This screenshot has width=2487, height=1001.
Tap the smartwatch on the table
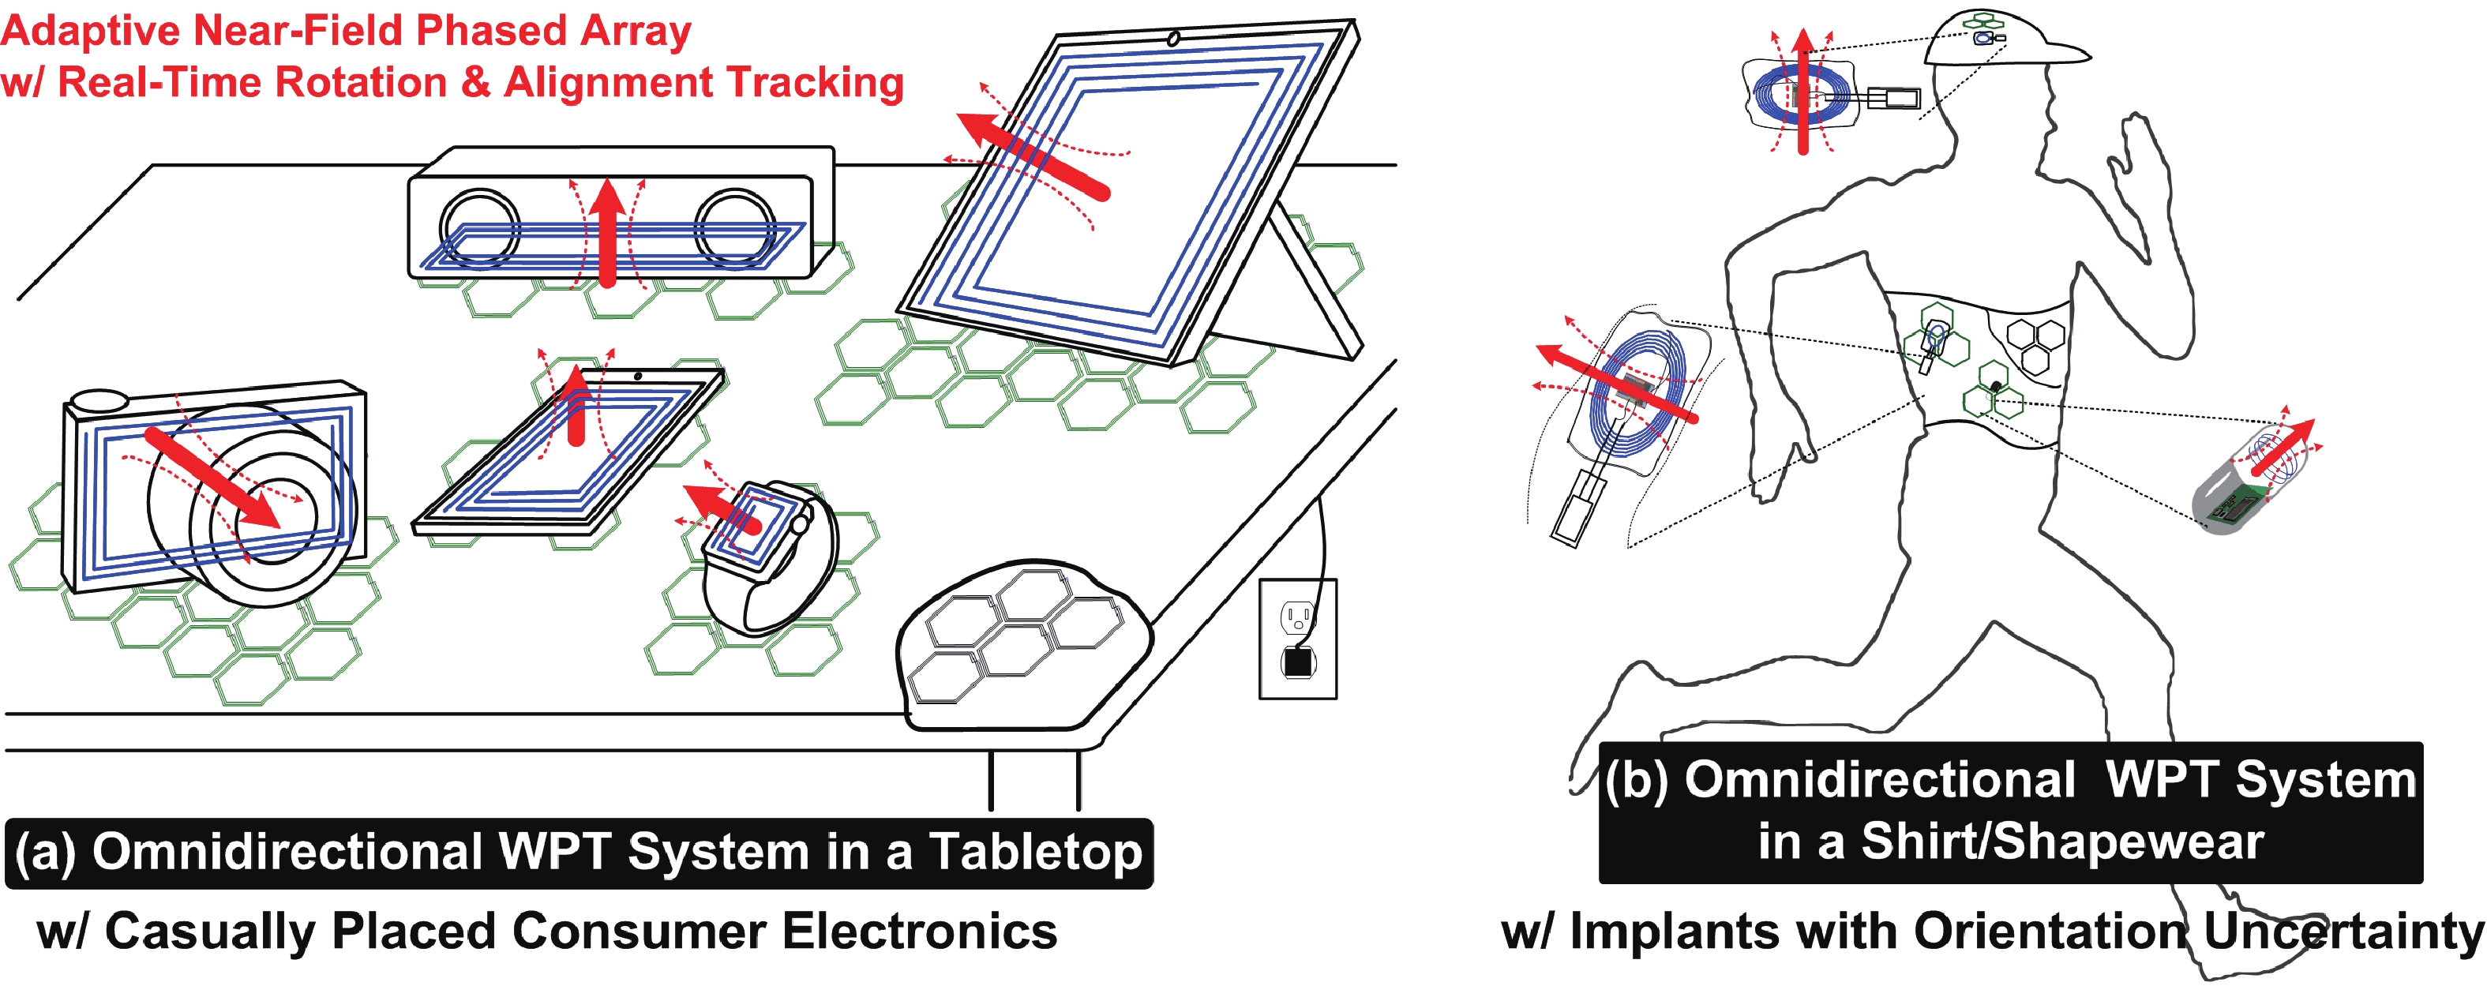763,556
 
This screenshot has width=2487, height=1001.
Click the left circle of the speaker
479,229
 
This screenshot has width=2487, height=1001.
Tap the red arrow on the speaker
607,231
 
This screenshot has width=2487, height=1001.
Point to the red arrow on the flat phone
576,406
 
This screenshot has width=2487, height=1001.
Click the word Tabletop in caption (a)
1035,853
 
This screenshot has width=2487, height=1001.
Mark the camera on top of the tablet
1173,39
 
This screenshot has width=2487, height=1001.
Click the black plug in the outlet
1297,662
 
